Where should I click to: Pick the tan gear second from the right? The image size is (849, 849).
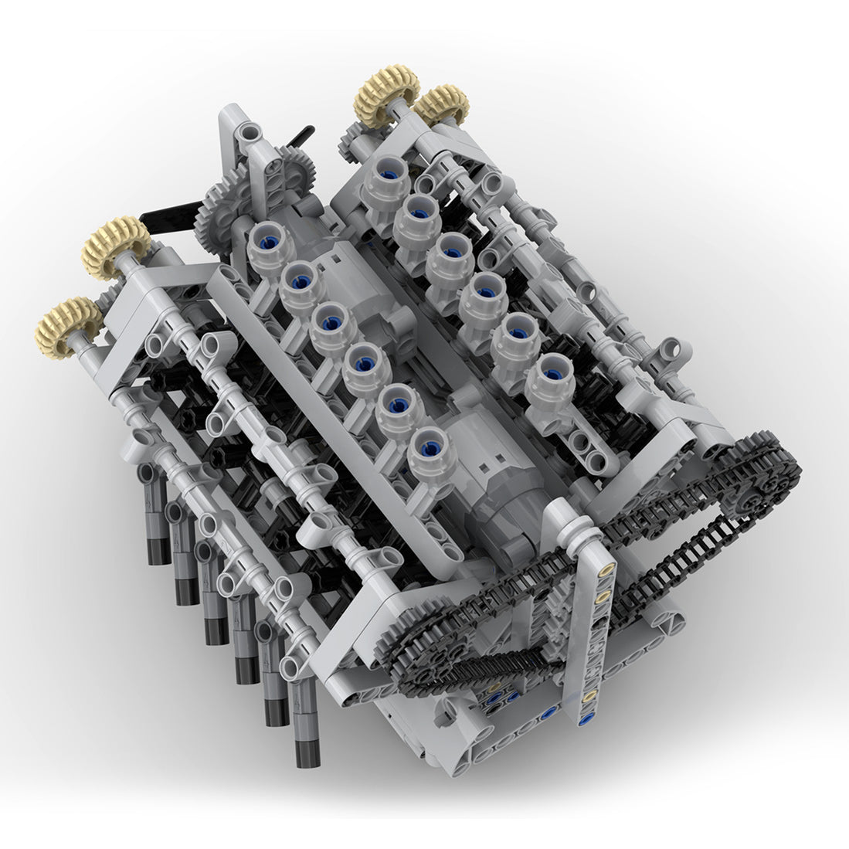click(388, 96)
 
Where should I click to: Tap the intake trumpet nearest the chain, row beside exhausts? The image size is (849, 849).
click(430, 460)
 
